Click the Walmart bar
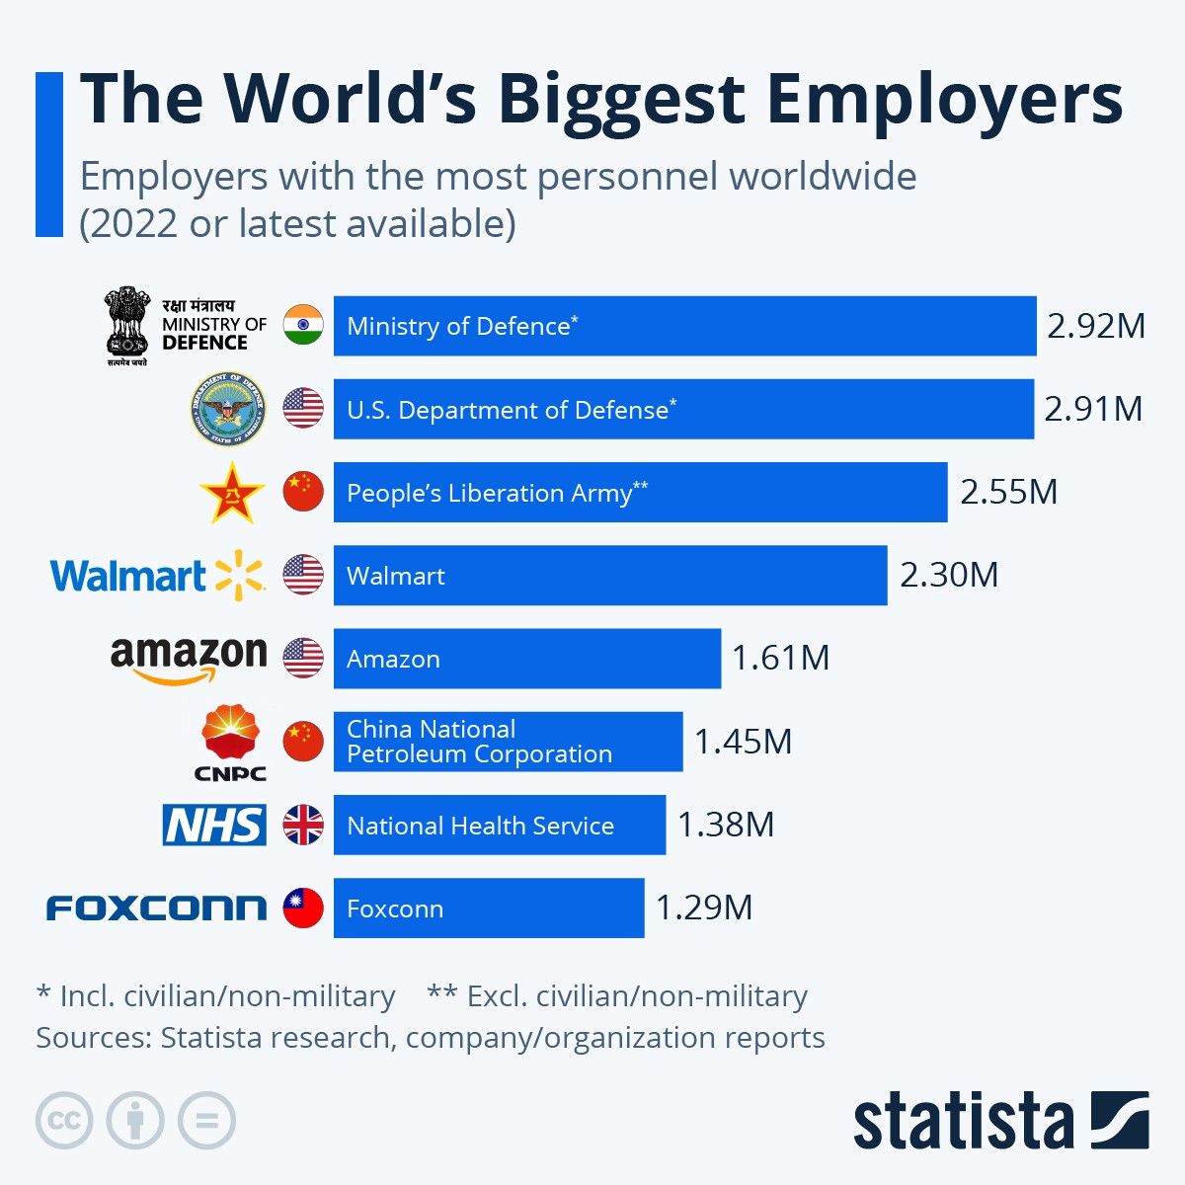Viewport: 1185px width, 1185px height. click(x=609, y=575)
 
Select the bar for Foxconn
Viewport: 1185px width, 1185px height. click(x=489, y=908)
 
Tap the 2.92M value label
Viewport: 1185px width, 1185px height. click(x=1095, y=326)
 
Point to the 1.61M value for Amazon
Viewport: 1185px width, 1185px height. click(x=780, y=658)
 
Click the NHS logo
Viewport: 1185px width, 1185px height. click(x=214, y=825)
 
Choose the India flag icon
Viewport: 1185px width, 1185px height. click(x=303, y=325)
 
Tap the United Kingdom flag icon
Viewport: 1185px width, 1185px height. click(x=303, y=825)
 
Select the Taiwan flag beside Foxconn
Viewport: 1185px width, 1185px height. click(x=303, y=908)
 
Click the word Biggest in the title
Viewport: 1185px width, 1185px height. click(x=621, y=99)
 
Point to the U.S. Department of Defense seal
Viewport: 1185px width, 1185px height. click(x=228, y=409)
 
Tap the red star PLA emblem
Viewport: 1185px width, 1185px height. click(x=232, y=493)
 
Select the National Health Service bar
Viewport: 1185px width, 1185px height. click(x=499, y=825)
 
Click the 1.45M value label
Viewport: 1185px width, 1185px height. click(x=743, y=742)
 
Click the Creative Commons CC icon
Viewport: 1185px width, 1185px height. click(x=64, y=1121)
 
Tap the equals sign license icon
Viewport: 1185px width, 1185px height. click(x=206, y=1121)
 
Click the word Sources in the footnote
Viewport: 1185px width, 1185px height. click(x=94, y=1038)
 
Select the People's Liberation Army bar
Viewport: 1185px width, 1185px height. click(x=640, y=492)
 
